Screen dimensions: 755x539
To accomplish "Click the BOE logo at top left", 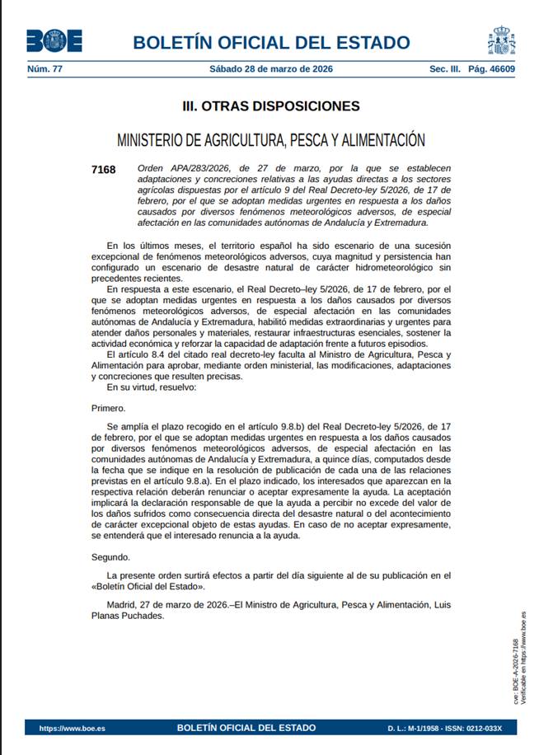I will [x=54, y=40].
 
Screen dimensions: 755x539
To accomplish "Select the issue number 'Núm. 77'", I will [x=45, y=69].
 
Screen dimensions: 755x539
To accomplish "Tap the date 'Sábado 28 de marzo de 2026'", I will [x=270, y=69].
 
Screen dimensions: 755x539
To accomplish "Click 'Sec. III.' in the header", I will [x=445, y=69].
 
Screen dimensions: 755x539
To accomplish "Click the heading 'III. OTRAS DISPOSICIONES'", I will [x=270, y=106].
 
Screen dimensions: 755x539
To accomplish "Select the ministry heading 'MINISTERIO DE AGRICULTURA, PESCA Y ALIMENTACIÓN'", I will [x=270, y=140].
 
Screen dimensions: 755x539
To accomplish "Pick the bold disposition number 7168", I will [x=104, y=171].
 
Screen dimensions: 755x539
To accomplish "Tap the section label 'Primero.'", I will [x=109, y=408].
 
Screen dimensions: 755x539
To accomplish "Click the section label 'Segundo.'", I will [x=111, y=556].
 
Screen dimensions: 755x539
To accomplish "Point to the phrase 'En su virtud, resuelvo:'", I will [x=152, y=387].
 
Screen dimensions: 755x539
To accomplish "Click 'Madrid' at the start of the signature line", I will [x=122, y=605].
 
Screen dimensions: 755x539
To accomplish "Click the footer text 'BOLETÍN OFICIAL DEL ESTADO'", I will [x=246, y=728].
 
